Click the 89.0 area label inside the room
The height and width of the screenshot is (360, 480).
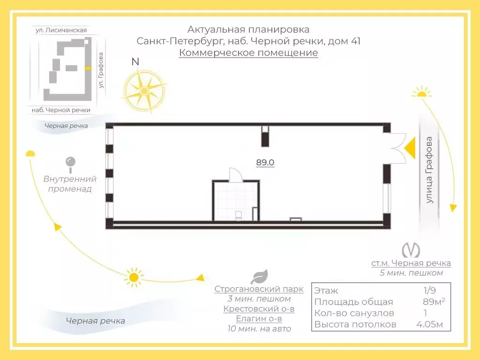(265, 163)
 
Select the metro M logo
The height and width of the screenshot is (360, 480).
(411, 249)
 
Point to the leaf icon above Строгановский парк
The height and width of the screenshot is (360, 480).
(259, 277)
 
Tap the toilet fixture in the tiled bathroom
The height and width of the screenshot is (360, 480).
(238, 216)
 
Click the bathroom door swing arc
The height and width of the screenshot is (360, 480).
(234, 174)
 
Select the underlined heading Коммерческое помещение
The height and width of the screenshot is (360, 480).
(248, 52)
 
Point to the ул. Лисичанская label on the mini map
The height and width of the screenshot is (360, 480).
(61, 30)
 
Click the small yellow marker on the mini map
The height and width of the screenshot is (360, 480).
(87, 68)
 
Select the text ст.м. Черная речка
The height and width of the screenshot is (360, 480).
(411, 263)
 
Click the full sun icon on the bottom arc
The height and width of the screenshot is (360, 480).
(134, 277)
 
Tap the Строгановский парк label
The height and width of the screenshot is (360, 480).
(259, 289)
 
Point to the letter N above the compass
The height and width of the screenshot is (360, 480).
(135, 61)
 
